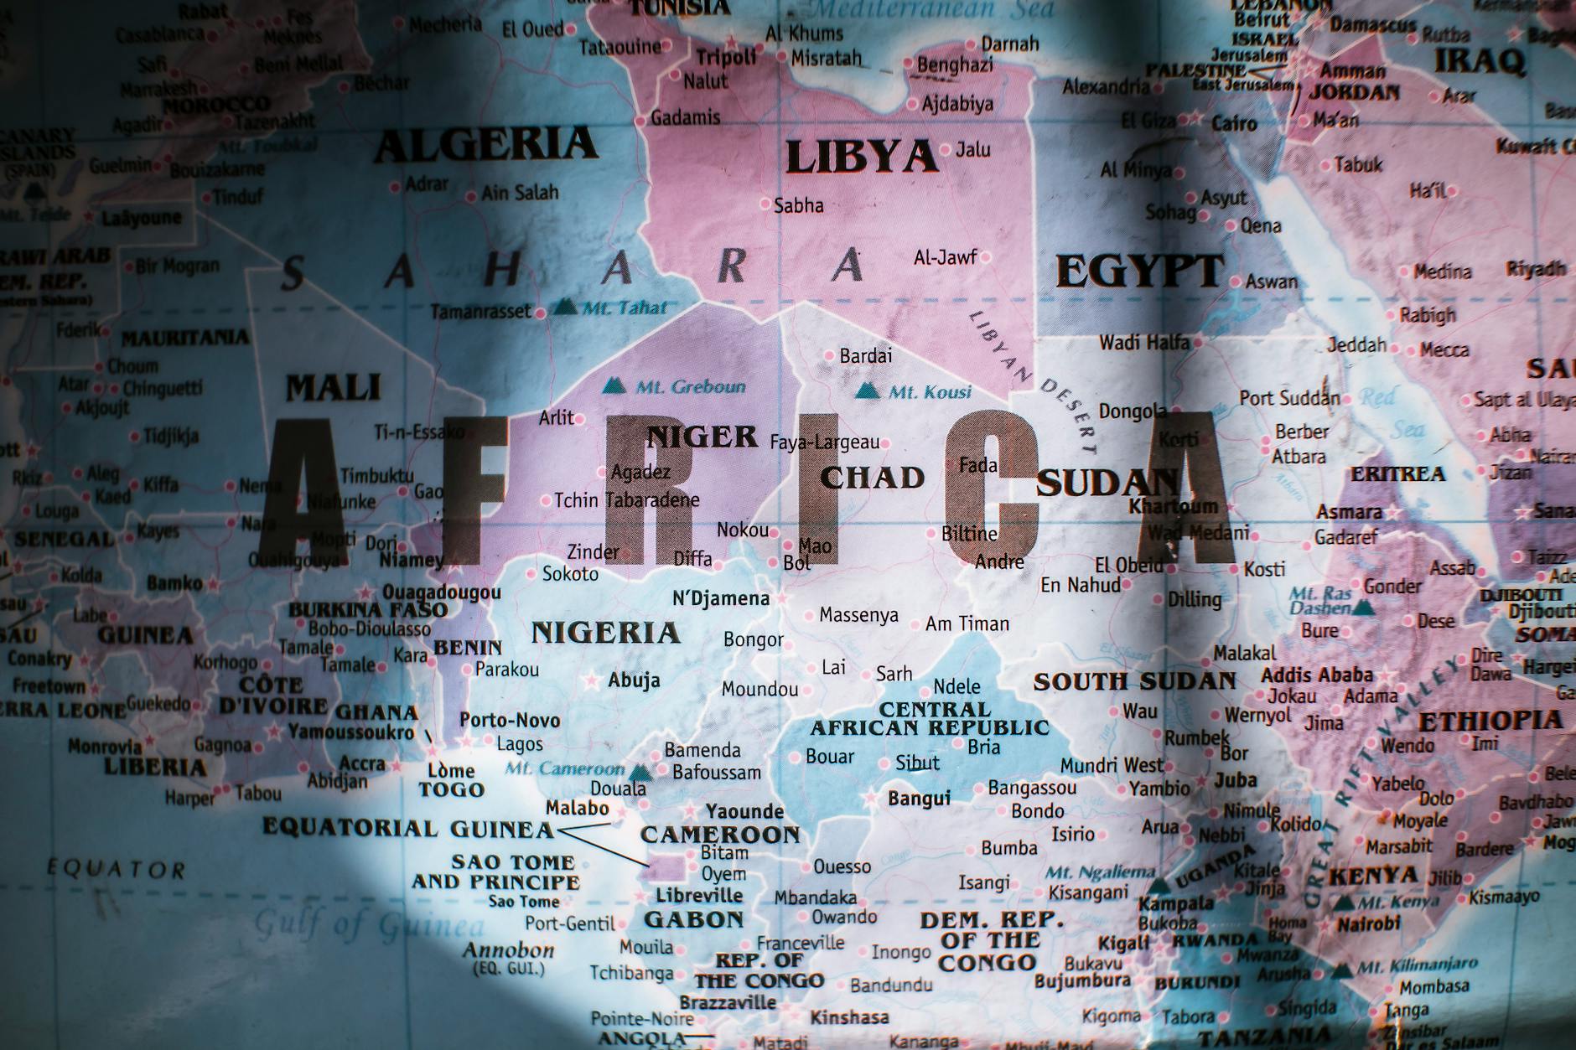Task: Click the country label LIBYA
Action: point(861,158)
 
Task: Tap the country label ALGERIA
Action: point(485,145)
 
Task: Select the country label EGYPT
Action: point(1139,272)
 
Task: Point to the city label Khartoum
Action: point(1173,506)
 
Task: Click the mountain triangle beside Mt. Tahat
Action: point(565,307)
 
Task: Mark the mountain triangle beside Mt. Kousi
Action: point(867,391)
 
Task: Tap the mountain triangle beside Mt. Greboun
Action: point(614,386)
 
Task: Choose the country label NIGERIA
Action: point(605,633)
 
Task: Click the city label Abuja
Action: point(634,680)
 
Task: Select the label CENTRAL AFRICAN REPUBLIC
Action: point(929,719)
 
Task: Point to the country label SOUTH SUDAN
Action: point(1134,681)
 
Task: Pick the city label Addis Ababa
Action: point(1317,675)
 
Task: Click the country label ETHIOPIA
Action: point(1490,721)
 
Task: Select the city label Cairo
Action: point(1234,124)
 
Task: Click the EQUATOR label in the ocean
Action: point(116,869)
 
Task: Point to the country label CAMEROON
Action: point(720,835)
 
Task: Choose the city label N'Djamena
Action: point(721,598)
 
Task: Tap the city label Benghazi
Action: point(955,65)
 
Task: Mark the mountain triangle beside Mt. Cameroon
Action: point(641,772)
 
